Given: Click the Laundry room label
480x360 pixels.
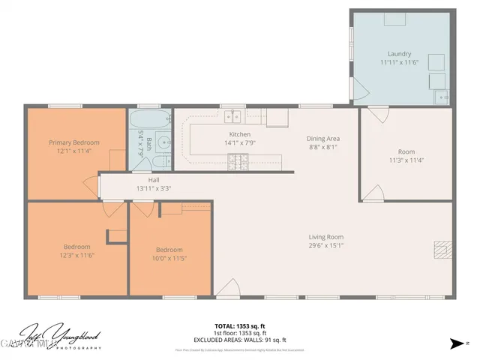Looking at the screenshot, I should click(399, 54).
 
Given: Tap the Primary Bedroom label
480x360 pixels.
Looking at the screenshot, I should click(74, 142).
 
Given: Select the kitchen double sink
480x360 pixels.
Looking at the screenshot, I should click(235, 115).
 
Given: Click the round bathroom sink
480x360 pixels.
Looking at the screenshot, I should click(162, 142).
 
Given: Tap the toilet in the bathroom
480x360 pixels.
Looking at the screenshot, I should click(161, 163).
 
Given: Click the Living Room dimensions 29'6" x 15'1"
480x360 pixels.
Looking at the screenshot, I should click(325, 245).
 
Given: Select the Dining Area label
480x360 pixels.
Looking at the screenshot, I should click(323, 139).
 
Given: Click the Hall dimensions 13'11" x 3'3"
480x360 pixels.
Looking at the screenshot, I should click(154, 189).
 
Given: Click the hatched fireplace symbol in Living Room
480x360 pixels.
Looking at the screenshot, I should click(442, 248).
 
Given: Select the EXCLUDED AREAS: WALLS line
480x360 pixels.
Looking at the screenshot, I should click(240, 340).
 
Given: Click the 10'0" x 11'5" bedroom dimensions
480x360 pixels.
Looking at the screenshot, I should click(169, 258).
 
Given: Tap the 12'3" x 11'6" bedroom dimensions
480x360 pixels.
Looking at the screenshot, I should click(76, 255).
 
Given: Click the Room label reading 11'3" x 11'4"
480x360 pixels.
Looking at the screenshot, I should click(406, 160).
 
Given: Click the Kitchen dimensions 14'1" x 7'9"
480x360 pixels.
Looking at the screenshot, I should click(239, 142).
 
